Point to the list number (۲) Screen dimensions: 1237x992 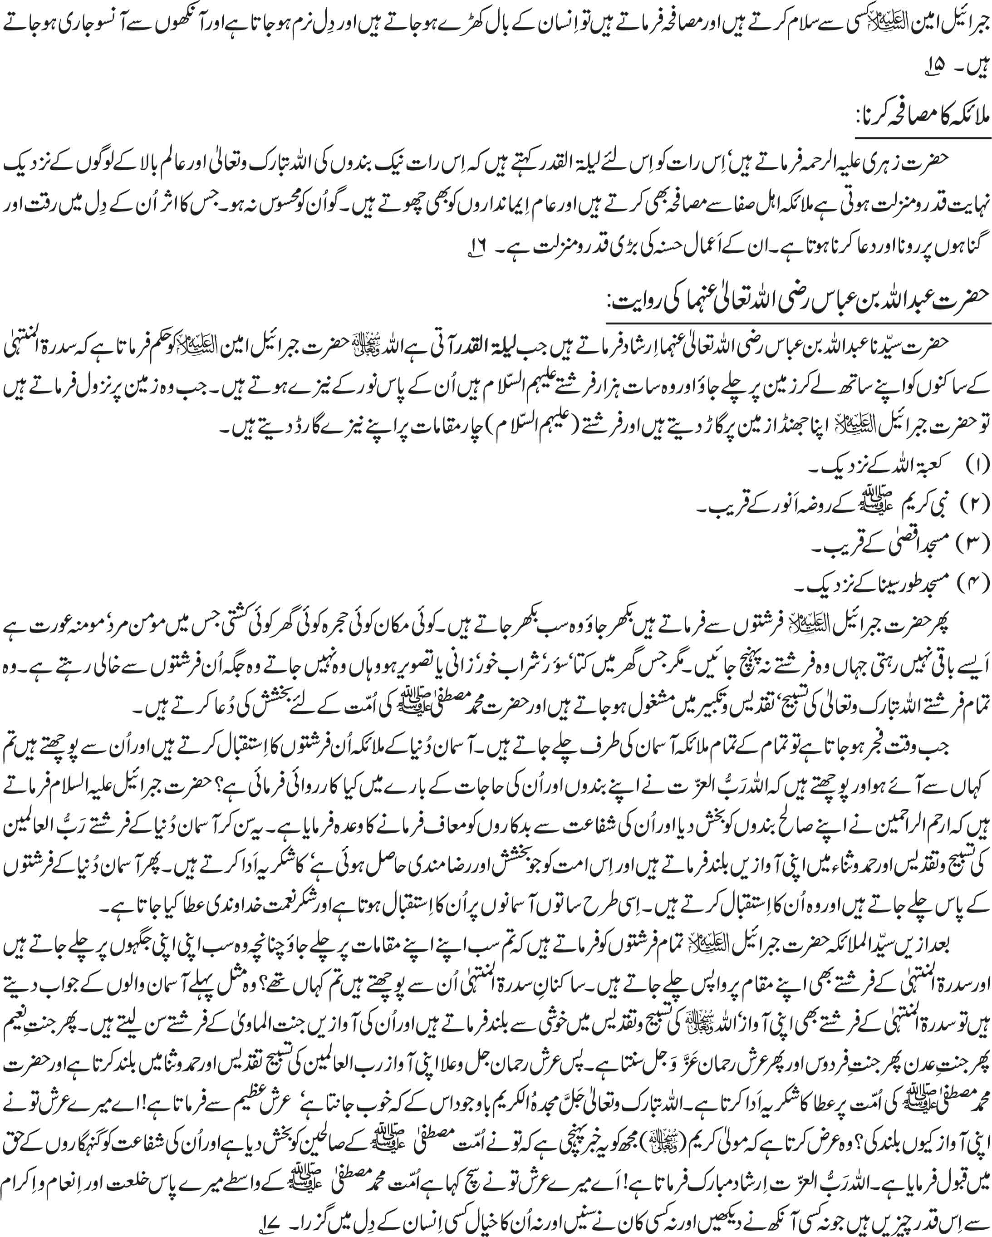pos(975,503)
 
